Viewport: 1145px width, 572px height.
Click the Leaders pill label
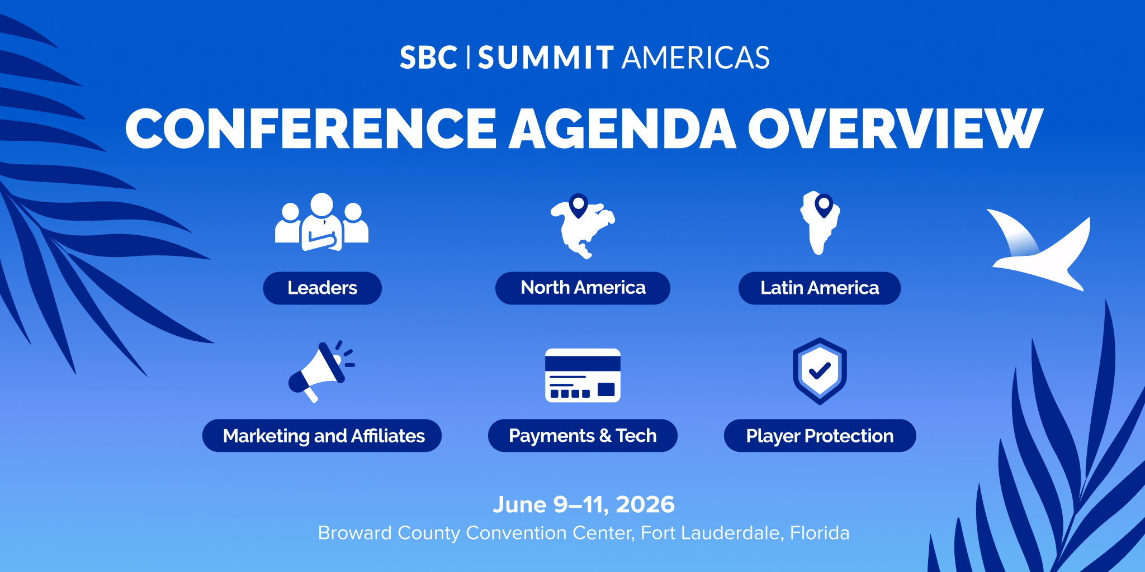click(x=322, y=288)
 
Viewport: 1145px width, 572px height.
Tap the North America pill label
click(x=583, y=288)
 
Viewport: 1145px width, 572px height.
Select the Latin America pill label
click(x=819, y=288)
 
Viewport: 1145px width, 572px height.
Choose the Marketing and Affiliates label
click(x=322, y=436)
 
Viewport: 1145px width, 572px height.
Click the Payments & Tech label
click(x=583, y=436)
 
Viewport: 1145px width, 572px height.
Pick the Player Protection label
click(x=820, y=436)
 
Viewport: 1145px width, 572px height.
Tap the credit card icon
click(x=583, y=375)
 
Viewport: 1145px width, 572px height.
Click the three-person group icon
click(x=321, y=222)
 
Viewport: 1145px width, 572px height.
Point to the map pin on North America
click(x=578, y=204)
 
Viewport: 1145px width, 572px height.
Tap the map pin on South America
click(x=824, y=204)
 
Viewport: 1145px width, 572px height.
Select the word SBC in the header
click(x=428, y=58)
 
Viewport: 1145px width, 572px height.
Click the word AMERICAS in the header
click(x=695, y=58)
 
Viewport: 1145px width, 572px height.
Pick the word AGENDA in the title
click(x=622, y=130)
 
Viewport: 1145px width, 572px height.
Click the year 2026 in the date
click(x=645, y=505)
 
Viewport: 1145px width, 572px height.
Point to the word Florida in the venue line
click(x=820, y=533)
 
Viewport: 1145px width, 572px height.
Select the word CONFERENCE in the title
click(x=311, y=130)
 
